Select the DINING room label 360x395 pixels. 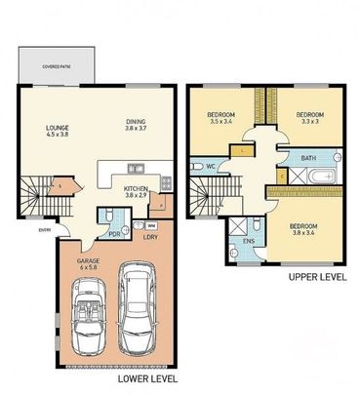pyautogui.click(x=134, y=124)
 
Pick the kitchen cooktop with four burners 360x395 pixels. pyautogui.click(x=167, y=182)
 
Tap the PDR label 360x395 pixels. pyautogui.click(x=114, y=234)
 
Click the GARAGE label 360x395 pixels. pyautogui.click(x=90, y=262)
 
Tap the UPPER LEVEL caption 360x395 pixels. pyautogui.click(x=317, y=277)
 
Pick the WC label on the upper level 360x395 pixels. pyautogui.click(x=211, y=167)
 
